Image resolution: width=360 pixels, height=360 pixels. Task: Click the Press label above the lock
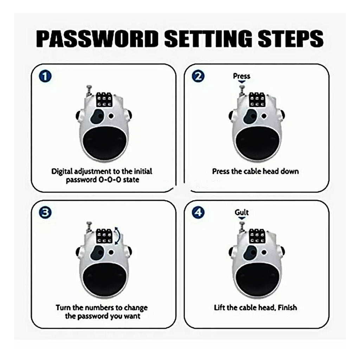(x=242, y=76)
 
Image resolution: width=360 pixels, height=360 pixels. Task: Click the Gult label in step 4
(x=242, y=212)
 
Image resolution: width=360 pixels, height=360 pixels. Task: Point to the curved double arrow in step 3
(x=119, y=235)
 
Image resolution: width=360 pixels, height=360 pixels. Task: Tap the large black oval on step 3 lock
(x=103, y=279)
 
